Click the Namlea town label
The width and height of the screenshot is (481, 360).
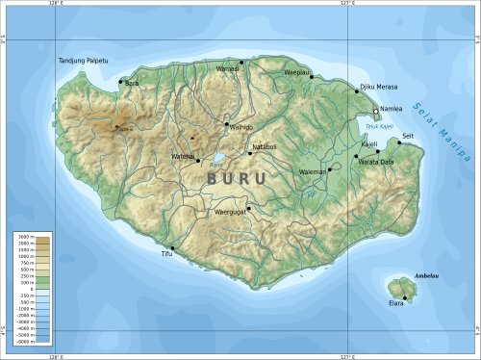pos(392,109)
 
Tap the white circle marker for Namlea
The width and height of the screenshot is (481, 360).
pos(375,111)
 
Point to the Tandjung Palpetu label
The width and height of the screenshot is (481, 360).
pos(81,61)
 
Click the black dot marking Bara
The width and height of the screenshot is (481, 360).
pos(120,82)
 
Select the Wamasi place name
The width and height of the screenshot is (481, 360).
pos(228,68)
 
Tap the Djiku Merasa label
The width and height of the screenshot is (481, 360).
pos(378,88)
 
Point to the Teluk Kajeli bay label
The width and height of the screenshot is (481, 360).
pos(380,125)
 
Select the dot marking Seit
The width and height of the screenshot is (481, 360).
pos(399,142)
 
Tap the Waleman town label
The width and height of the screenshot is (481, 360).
pos(313,171)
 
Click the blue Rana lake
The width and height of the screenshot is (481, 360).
pos(218,158)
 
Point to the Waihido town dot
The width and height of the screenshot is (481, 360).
pos(227,124)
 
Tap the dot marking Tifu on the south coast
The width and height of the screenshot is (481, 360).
pos(172,247)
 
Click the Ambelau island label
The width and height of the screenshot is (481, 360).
pos(425,276)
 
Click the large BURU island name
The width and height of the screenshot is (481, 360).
pos(238,178)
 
